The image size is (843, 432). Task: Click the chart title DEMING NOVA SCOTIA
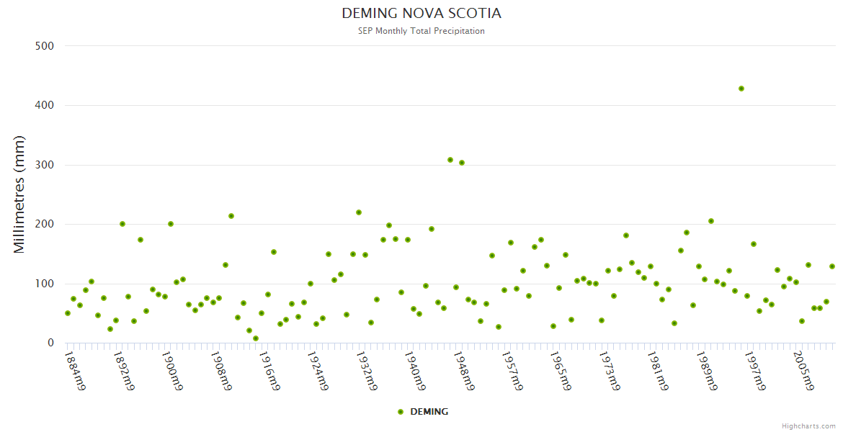[x=421, y=14]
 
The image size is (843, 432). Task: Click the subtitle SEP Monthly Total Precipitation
[x=421, y=31]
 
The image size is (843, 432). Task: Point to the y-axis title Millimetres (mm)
[x=19, y=194]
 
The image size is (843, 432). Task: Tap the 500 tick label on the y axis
[x=45, y=46]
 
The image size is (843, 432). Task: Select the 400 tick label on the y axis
[x=45, y=105]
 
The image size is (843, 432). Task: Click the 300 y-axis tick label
[x=45, y=165]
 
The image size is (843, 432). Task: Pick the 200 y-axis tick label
[x=45, y=225]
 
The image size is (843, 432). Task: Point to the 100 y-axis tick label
[x=45, y=284]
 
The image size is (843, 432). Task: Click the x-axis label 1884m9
[x=76, y=370]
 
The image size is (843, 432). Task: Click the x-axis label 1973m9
[x=610, y=370]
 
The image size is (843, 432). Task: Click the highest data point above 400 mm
[x=741, y=89]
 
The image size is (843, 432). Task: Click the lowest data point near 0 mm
[x=255, y=338]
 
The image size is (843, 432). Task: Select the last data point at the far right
[x=832, y=266]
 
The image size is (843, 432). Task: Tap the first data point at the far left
[x=68, y=313]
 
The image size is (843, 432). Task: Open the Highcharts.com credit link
[x=808, y=426]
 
